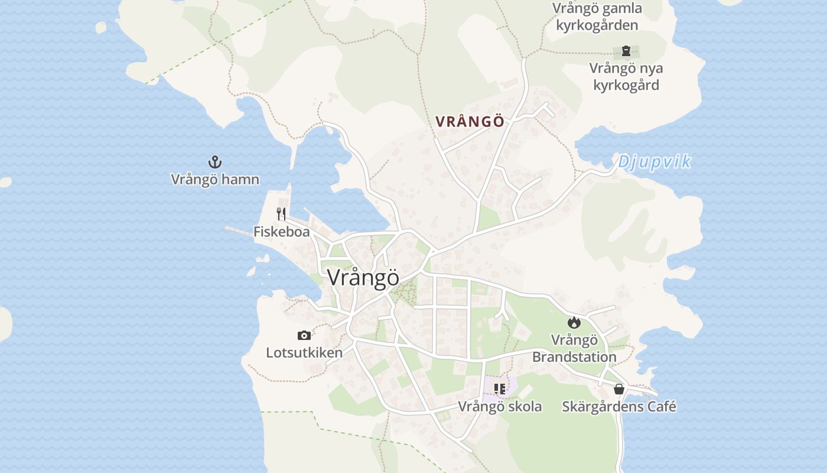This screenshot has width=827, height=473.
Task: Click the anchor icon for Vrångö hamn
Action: (214, 161)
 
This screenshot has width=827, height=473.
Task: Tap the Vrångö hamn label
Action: (215, 179)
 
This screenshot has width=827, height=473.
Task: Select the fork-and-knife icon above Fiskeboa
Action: (281, 213)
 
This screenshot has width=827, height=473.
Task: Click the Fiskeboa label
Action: (281, 231)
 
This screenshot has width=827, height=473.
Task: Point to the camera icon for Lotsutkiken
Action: (304, 335)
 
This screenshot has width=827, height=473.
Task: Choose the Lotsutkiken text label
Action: (304, 353)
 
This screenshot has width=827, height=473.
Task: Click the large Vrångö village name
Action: (363, 277)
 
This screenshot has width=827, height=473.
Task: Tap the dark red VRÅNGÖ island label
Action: (470, 122)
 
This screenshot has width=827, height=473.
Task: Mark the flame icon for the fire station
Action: (574, 322)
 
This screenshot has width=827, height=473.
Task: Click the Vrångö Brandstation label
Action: (574, 348)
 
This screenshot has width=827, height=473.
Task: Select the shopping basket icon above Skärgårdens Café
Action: (618, 389)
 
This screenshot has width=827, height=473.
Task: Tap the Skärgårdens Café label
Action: (618, 407)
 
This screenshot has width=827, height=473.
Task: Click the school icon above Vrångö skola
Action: (500, 388)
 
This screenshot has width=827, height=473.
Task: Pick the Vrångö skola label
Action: (500, 407)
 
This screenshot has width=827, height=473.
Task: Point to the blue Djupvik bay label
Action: (654, 162)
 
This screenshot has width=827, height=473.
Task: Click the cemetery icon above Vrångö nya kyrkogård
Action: (626, 51)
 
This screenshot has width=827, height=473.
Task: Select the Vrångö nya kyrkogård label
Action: (626, 76)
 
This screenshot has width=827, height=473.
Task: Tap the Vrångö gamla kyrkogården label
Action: (597, 17)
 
